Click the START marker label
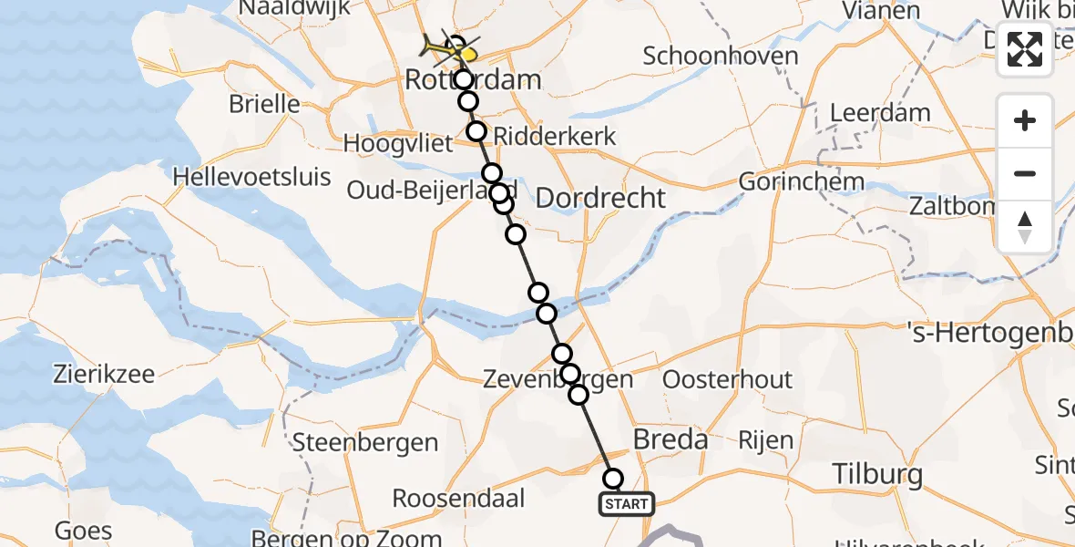click(x=626, y=503)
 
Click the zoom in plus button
click(x=1025, y=121)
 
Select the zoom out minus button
click(x=1025, y=173)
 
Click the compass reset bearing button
click(x=1025, y=226)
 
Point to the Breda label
click(x=670, y=439)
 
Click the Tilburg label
click(x=877, y=474)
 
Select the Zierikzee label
click(x=104, y=374)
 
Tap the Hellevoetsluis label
click(x=251, y=176)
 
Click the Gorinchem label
click(x=801, y=181)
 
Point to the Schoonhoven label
click(x=720, y=56)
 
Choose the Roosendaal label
click(x=459, y=499)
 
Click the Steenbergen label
click(x=364, y=443)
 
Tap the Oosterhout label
click(x=727, y=379)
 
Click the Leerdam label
click(x=879, y=114)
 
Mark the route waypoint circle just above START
click(x=613, y=479)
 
